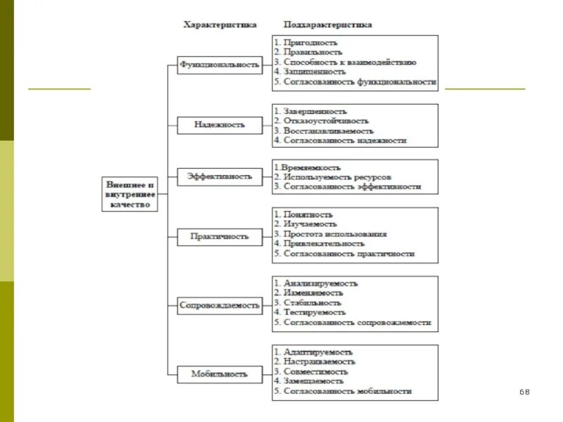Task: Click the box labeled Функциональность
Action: point(220,65)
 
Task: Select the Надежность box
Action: point(220,124)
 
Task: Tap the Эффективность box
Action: point(220,177)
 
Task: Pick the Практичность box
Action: point(220,236)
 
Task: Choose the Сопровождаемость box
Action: point(220,305)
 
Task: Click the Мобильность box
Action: point(220,373)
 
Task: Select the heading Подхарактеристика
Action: point(327,25)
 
